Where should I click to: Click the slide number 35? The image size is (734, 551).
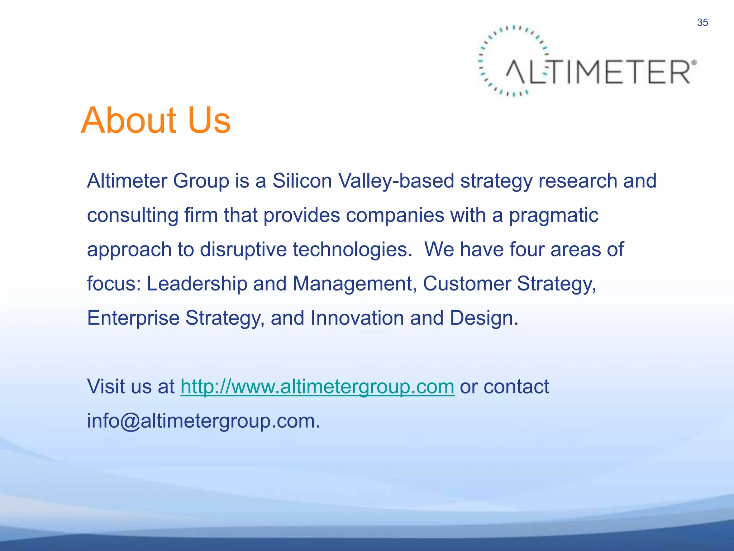coord(702,23)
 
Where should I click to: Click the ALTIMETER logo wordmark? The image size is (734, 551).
coord(599,72)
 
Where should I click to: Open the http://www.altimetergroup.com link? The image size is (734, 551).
coord(317,387)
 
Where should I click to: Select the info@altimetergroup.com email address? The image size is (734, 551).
coord(203,421)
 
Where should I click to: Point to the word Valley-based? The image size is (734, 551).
coord(396,181)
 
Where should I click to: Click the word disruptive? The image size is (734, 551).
coord(243,250)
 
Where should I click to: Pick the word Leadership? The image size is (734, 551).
coord(197,284)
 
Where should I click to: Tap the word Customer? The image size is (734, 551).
coord(467,284)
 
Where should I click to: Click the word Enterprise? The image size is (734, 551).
coord(133,318)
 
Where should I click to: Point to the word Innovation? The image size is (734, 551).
coord(357,318)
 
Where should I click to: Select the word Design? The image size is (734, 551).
coord(484,318)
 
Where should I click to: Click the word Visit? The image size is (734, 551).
coord(106,387)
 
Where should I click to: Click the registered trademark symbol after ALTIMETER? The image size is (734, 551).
coord(694,63)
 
